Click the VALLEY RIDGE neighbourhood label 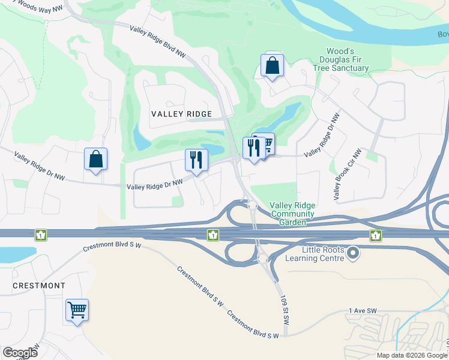tap(181, 114)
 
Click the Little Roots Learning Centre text tap(315, 254)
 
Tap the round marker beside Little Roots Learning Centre tap(354, 254)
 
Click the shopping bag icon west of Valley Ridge tap(95, 160)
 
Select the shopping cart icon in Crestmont tap(77, 310)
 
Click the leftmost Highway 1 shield tap(40, 234)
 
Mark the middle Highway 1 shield tap(212, 235)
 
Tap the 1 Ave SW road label tap(363, 310)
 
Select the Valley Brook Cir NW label tap(345, 175)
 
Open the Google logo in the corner tap(20, 353)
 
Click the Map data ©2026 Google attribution tap(411, 355)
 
